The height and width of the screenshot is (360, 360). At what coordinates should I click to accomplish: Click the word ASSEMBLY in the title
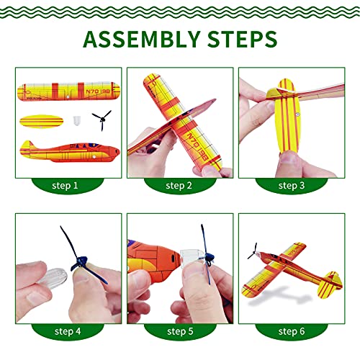138,37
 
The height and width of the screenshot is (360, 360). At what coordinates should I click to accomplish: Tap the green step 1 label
66,186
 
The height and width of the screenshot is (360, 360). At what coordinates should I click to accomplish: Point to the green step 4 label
66,331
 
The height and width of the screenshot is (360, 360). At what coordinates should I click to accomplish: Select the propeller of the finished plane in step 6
253,251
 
